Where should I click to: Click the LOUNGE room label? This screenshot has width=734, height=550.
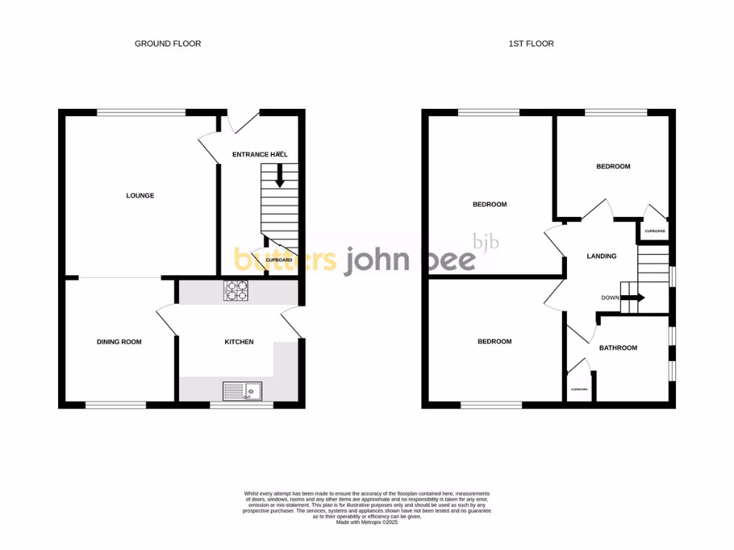pos(140,196)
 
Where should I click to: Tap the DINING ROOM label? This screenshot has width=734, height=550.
pos(119,342)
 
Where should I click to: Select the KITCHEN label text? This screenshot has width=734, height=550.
pos(239,342)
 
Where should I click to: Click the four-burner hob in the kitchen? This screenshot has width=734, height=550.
pos(237,290)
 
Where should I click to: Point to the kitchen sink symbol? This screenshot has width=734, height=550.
pos(242,391)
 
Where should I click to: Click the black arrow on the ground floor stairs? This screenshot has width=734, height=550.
pos(280,176)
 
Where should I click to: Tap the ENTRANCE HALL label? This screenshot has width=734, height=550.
pos(259,155)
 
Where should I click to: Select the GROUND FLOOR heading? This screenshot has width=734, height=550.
pos(168,44)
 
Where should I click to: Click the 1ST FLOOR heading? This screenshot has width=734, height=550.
pos(531,44)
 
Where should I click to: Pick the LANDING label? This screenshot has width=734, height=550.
pos(601,256)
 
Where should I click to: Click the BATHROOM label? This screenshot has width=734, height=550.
pos(618,348)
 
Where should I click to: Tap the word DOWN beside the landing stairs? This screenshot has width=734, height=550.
pos(610,298)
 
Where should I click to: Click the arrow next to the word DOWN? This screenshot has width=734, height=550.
pos(635,298)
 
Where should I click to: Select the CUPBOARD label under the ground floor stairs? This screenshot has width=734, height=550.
pos(279,260)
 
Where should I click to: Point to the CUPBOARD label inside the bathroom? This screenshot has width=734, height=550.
pos(579,389)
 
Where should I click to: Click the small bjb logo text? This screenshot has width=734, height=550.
pos(485,241)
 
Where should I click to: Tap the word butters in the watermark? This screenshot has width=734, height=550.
pos(285,259)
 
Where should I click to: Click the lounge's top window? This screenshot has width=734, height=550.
pos(141,112)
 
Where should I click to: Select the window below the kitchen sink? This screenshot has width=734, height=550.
pos(242,405)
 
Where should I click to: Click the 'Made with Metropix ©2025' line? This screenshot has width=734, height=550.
pos(366,523)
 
